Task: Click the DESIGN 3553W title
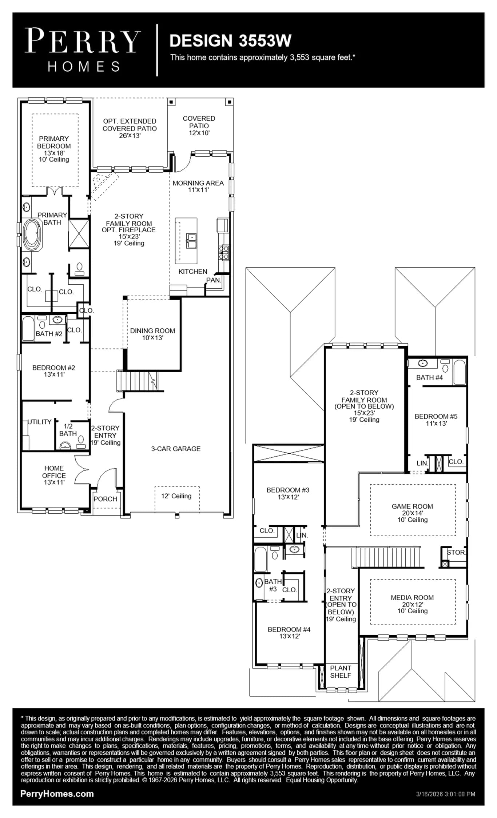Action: [230, 41]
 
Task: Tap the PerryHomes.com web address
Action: [57, 794]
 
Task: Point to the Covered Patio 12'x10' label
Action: [199, 125]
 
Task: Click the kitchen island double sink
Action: [191, 241]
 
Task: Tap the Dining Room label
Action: [152, 334]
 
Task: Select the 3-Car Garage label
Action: [176, 449]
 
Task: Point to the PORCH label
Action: [105, 499]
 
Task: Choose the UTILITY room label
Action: [40, 422]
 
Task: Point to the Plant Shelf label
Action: [341, 671]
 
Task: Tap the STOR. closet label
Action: [456, 552]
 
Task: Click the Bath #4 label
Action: [429, 377]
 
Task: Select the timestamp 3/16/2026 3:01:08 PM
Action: [446, 794]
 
